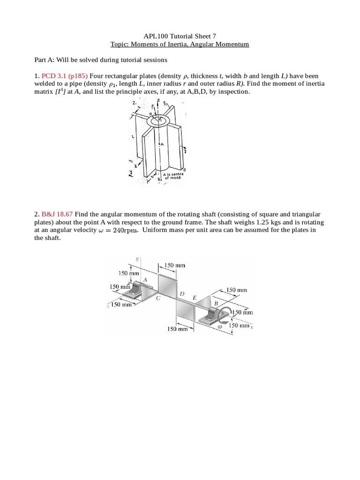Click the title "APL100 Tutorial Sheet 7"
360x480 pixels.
[180, 36]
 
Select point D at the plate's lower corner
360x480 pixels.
[184, 169]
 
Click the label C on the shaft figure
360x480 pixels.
[158, 298]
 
